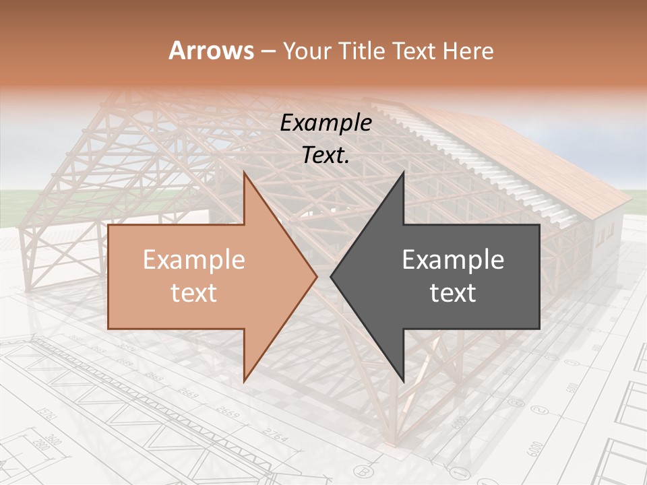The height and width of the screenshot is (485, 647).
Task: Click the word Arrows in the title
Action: [212, 51]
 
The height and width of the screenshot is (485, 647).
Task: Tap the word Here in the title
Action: [469, 51]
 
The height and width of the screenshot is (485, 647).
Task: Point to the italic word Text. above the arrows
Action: [326, 155]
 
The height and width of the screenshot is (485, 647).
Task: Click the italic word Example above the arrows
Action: [326, 123]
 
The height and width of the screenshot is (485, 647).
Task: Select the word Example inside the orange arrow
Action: [193, 260]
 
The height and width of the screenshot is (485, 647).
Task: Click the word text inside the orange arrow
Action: [193, 293]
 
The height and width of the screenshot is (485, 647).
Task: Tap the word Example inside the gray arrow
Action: [453, 260]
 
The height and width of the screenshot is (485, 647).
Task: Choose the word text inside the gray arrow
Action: [453, 293]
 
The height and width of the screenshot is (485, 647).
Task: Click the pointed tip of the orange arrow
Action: [315, 276]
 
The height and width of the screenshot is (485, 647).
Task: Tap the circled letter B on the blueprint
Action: [365, 471]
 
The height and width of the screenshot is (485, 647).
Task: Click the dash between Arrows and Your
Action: [267, 51]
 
